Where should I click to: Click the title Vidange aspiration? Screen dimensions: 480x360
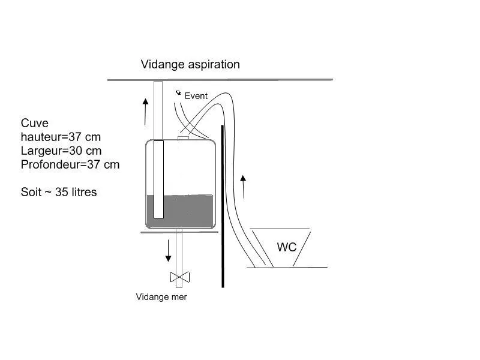coord(190,65)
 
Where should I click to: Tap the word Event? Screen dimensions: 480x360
coord(196,96)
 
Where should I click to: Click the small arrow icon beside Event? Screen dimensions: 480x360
coord(178,92)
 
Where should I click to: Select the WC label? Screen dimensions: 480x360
coord(287,247)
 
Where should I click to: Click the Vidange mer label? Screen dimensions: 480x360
coord(161,297)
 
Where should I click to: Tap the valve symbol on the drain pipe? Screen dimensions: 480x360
coord(179,277)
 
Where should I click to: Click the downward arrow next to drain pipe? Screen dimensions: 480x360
coord(168,251)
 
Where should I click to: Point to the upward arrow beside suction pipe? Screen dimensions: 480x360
coord(145,112)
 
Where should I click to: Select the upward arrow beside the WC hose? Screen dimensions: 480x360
coord(244,187)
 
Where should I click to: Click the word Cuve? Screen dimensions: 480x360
coord(35,123)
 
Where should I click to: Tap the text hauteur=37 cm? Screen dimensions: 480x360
coord(61,137)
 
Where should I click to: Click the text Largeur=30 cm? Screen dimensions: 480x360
coord(61,151)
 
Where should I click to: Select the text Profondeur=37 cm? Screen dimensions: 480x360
coord(70,164)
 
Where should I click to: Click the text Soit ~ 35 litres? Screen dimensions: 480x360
coord(59,192)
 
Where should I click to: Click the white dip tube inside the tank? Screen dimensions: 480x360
coord(158,179)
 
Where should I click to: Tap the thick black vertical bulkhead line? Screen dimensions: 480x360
coord(223,206)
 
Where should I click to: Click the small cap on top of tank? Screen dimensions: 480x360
coord(183,138)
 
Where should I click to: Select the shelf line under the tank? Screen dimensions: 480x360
coord(179,232)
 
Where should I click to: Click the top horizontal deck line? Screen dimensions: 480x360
coord(220,80)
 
